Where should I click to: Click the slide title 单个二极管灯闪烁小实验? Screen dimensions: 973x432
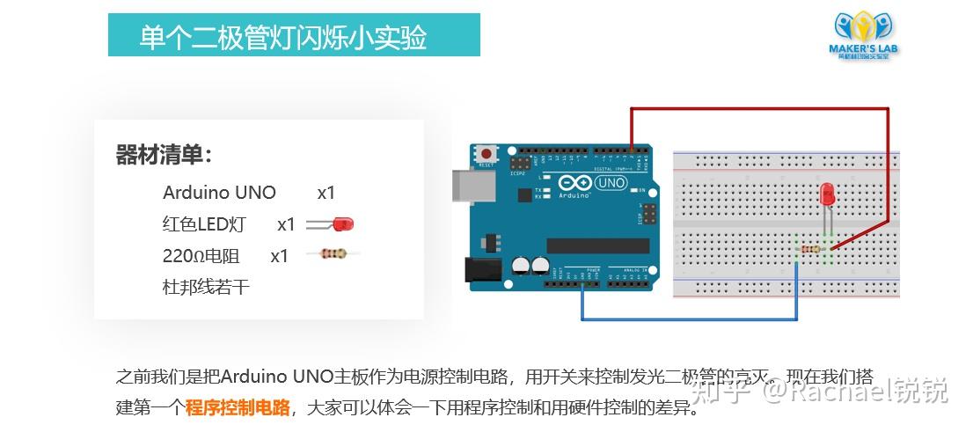pyautogui.click(x=283, y=38)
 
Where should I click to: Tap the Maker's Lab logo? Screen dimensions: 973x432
pyautogui.click(x=863, y=34)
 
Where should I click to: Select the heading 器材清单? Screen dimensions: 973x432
pyautogui.click(x=164, y=156)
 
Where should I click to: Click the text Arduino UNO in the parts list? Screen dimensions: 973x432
pyautogui.click(x=219, y=193)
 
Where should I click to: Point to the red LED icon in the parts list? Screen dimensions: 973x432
pyautogui.click(x=333, y=225)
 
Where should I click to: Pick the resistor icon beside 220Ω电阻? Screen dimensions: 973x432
pyautogui.click(x=332, y=254)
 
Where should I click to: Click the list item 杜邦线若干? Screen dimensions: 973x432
pyautogui.click(x=206, y=287)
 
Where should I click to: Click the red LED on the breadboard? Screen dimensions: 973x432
pyautogui.click(x=827, y=195)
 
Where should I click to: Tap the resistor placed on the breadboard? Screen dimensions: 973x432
pyautogui.click(x=810, y=251)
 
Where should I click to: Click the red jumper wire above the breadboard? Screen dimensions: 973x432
pyautogui.click(x=757, y=108)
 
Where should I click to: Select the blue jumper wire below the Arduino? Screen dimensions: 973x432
pyautogui.click(x=686, y=318)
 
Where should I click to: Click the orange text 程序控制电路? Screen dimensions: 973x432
pyautogui.click(x=238, y=406)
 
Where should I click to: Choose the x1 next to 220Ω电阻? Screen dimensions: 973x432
pyautogui.click(x=279, y=256)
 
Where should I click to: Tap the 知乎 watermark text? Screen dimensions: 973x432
pyautogui.click(x=720, y=388)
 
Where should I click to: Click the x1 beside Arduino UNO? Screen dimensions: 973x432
pyautogui.click(x=326, y=193)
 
